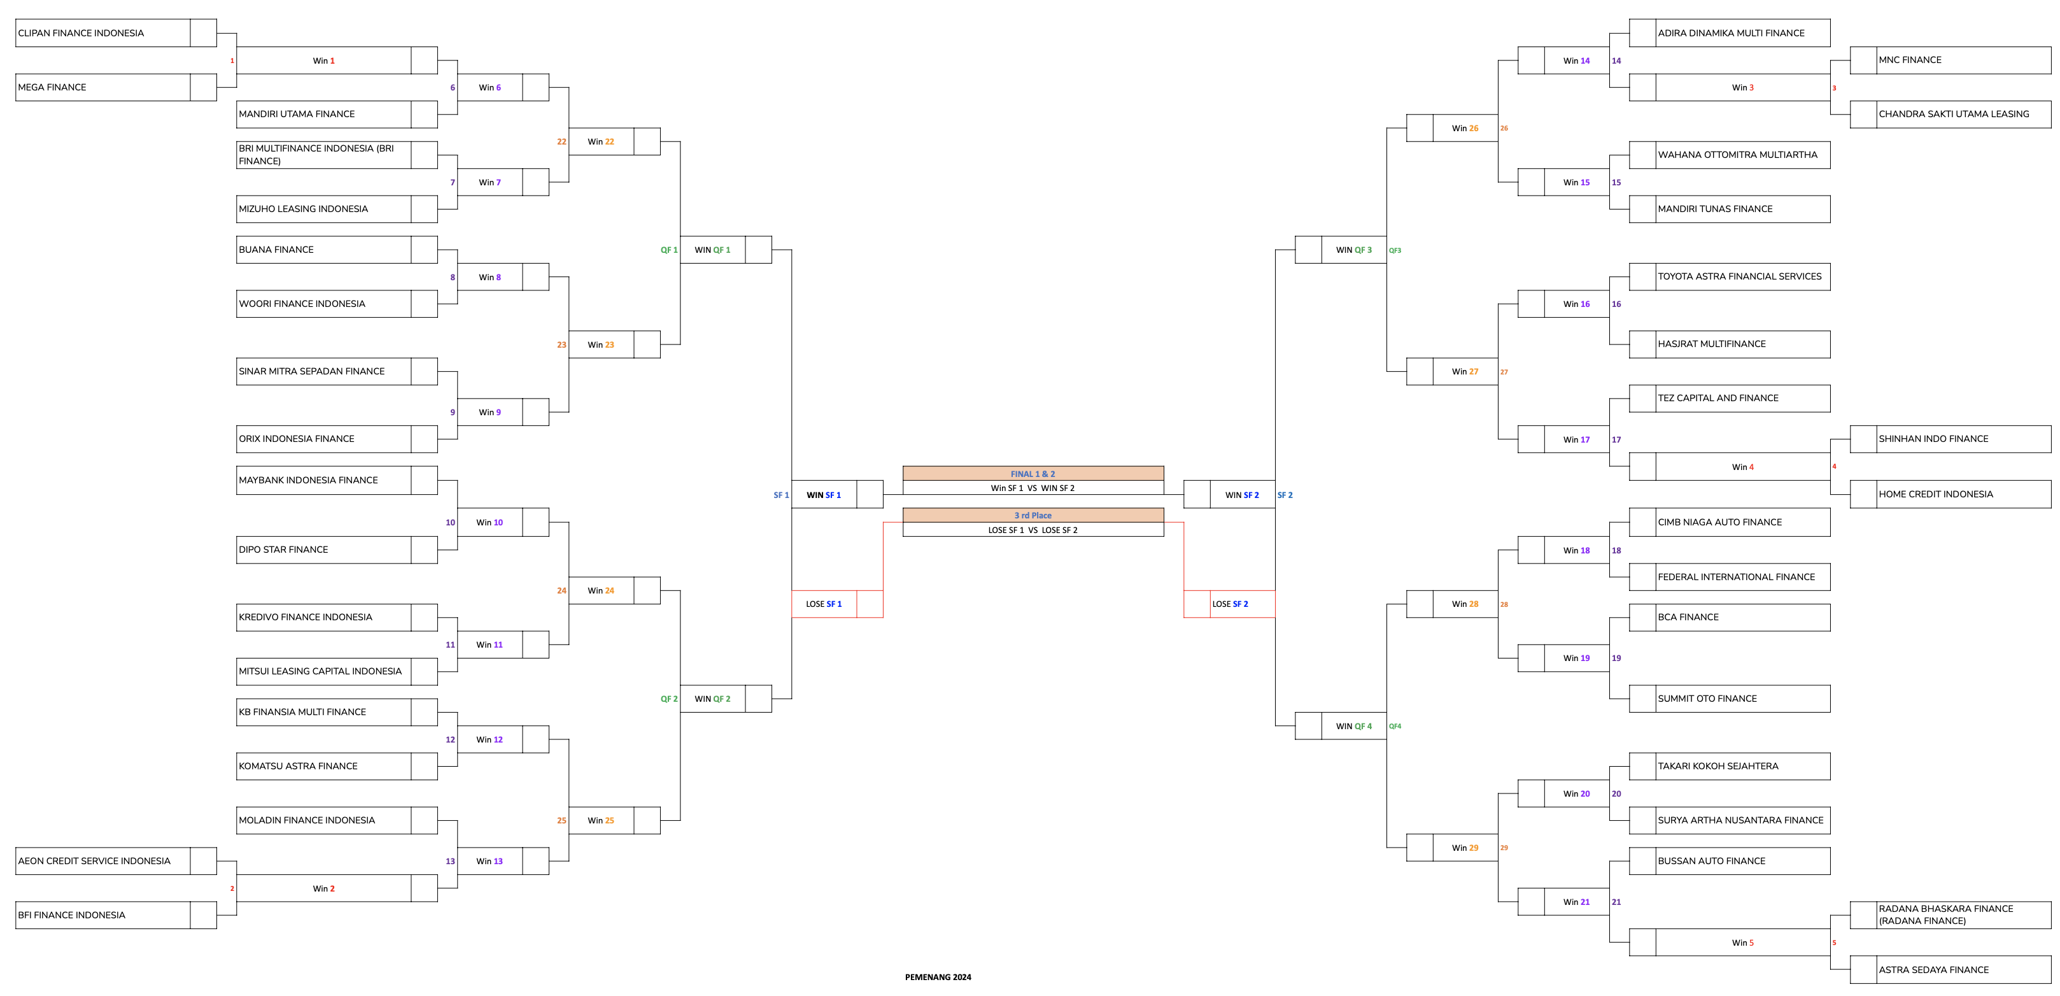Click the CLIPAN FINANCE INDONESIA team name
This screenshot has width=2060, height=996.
(x=81, y=34)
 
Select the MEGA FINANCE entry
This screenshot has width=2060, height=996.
(x=52, y=87)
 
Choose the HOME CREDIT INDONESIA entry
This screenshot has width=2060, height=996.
(x=1935, y=494)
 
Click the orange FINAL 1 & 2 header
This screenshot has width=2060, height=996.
(x=1033, y=474)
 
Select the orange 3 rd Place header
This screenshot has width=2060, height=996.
(x=1033, y=515)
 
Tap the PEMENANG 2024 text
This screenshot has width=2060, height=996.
(x=938, y=977)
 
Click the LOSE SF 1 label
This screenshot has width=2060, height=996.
(x=824, y=604)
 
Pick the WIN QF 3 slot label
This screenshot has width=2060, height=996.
(x=1353, y=250)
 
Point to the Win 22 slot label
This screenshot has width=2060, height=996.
(x=600, y=141)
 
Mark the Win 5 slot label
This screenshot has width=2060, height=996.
(x=1742, y=943)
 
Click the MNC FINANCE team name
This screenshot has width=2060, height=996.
(x=1910, y=60)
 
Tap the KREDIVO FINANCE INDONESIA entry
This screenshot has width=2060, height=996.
(x=306, y=618)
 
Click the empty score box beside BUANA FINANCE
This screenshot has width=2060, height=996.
(x=424, y=250)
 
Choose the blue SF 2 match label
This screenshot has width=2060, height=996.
(x=1284, y=495)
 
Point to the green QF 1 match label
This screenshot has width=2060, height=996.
(x=668, y=250)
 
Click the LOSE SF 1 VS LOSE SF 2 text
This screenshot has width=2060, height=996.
(x=1033, y=530)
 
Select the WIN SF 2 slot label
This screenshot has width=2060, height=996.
(x=1241, y=495)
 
